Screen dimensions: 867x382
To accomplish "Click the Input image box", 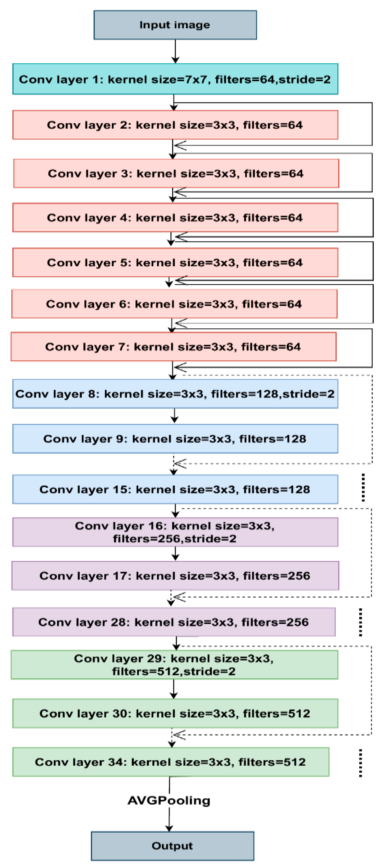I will click(x=175, y=25).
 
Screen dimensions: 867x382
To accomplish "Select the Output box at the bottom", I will click(x=172, y=846).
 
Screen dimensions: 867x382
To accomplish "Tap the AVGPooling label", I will click(x=169, y=800).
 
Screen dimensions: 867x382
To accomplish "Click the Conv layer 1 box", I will click(x=175, y=79).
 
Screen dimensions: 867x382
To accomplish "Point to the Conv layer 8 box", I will click(x=175, y=394).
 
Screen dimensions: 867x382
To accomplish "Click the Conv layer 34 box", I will click(x=171, y=762).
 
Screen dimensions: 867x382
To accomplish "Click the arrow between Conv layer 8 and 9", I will click(x=175, y=416).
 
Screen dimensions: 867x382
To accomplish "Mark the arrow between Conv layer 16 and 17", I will click(x=175, y=554).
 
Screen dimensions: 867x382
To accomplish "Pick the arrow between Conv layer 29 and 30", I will click(x=174, y=689).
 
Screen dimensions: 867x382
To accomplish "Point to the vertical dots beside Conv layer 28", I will click(x=361, y=622).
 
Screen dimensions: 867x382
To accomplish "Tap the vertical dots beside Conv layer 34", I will click(x=361, y=763).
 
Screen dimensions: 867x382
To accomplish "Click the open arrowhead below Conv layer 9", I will click(x=180, y=464).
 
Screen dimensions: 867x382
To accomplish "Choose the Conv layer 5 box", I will click(x=175, y=263).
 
